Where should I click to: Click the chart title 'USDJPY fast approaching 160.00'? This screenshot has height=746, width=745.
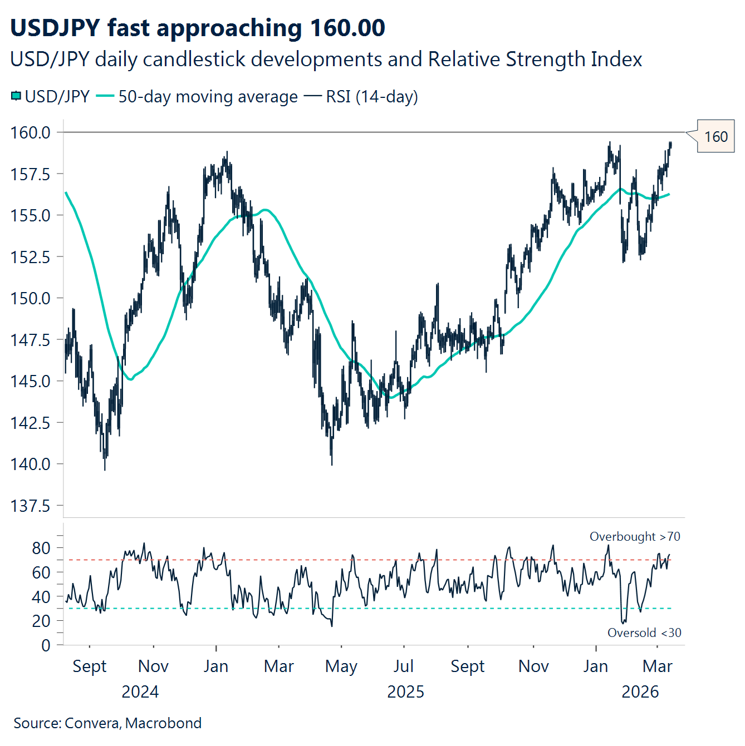(x=198, y=28)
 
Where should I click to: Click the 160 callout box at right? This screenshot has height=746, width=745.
(x=715, y=137)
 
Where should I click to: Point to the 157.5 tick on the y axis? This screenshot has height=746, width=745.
(x=31, y=174)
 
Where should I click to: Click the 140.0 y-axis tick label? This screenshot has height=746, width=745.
(x=31, y=464)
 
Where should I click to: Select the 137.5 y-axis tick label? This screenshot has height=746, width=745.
(x=31, y=506)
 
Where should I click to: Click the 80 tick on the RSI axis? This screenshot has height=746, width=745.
(x=41, y=548)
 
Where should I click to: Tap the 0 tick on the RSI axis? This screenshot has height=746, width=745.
(x=46, y=645)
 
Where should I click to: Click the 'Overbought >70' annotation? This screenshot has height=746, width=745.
(x=635, y=537)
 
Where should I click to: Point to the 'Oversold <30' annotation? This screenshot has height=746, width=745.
(x=644, y=633)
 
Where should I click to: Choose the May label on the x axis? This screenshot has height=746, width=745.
(x=341, y=666)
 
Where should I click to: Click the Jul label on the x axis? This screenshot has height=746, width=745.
(x=403, y=666)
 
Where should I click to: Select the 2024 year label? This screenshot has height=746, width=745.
(x=140, y=692)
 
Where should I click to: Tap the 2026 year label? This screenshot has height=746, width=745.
(x=640, y=692)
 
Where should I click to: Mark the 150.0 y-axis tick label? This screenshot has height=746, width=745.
(x=31, y=299)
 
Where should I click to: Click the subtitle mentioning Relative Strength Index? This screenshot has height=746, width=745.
(x=326, y=60)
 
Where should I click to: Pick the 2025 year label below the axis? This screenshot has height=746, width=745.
(x=405, y=692)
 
